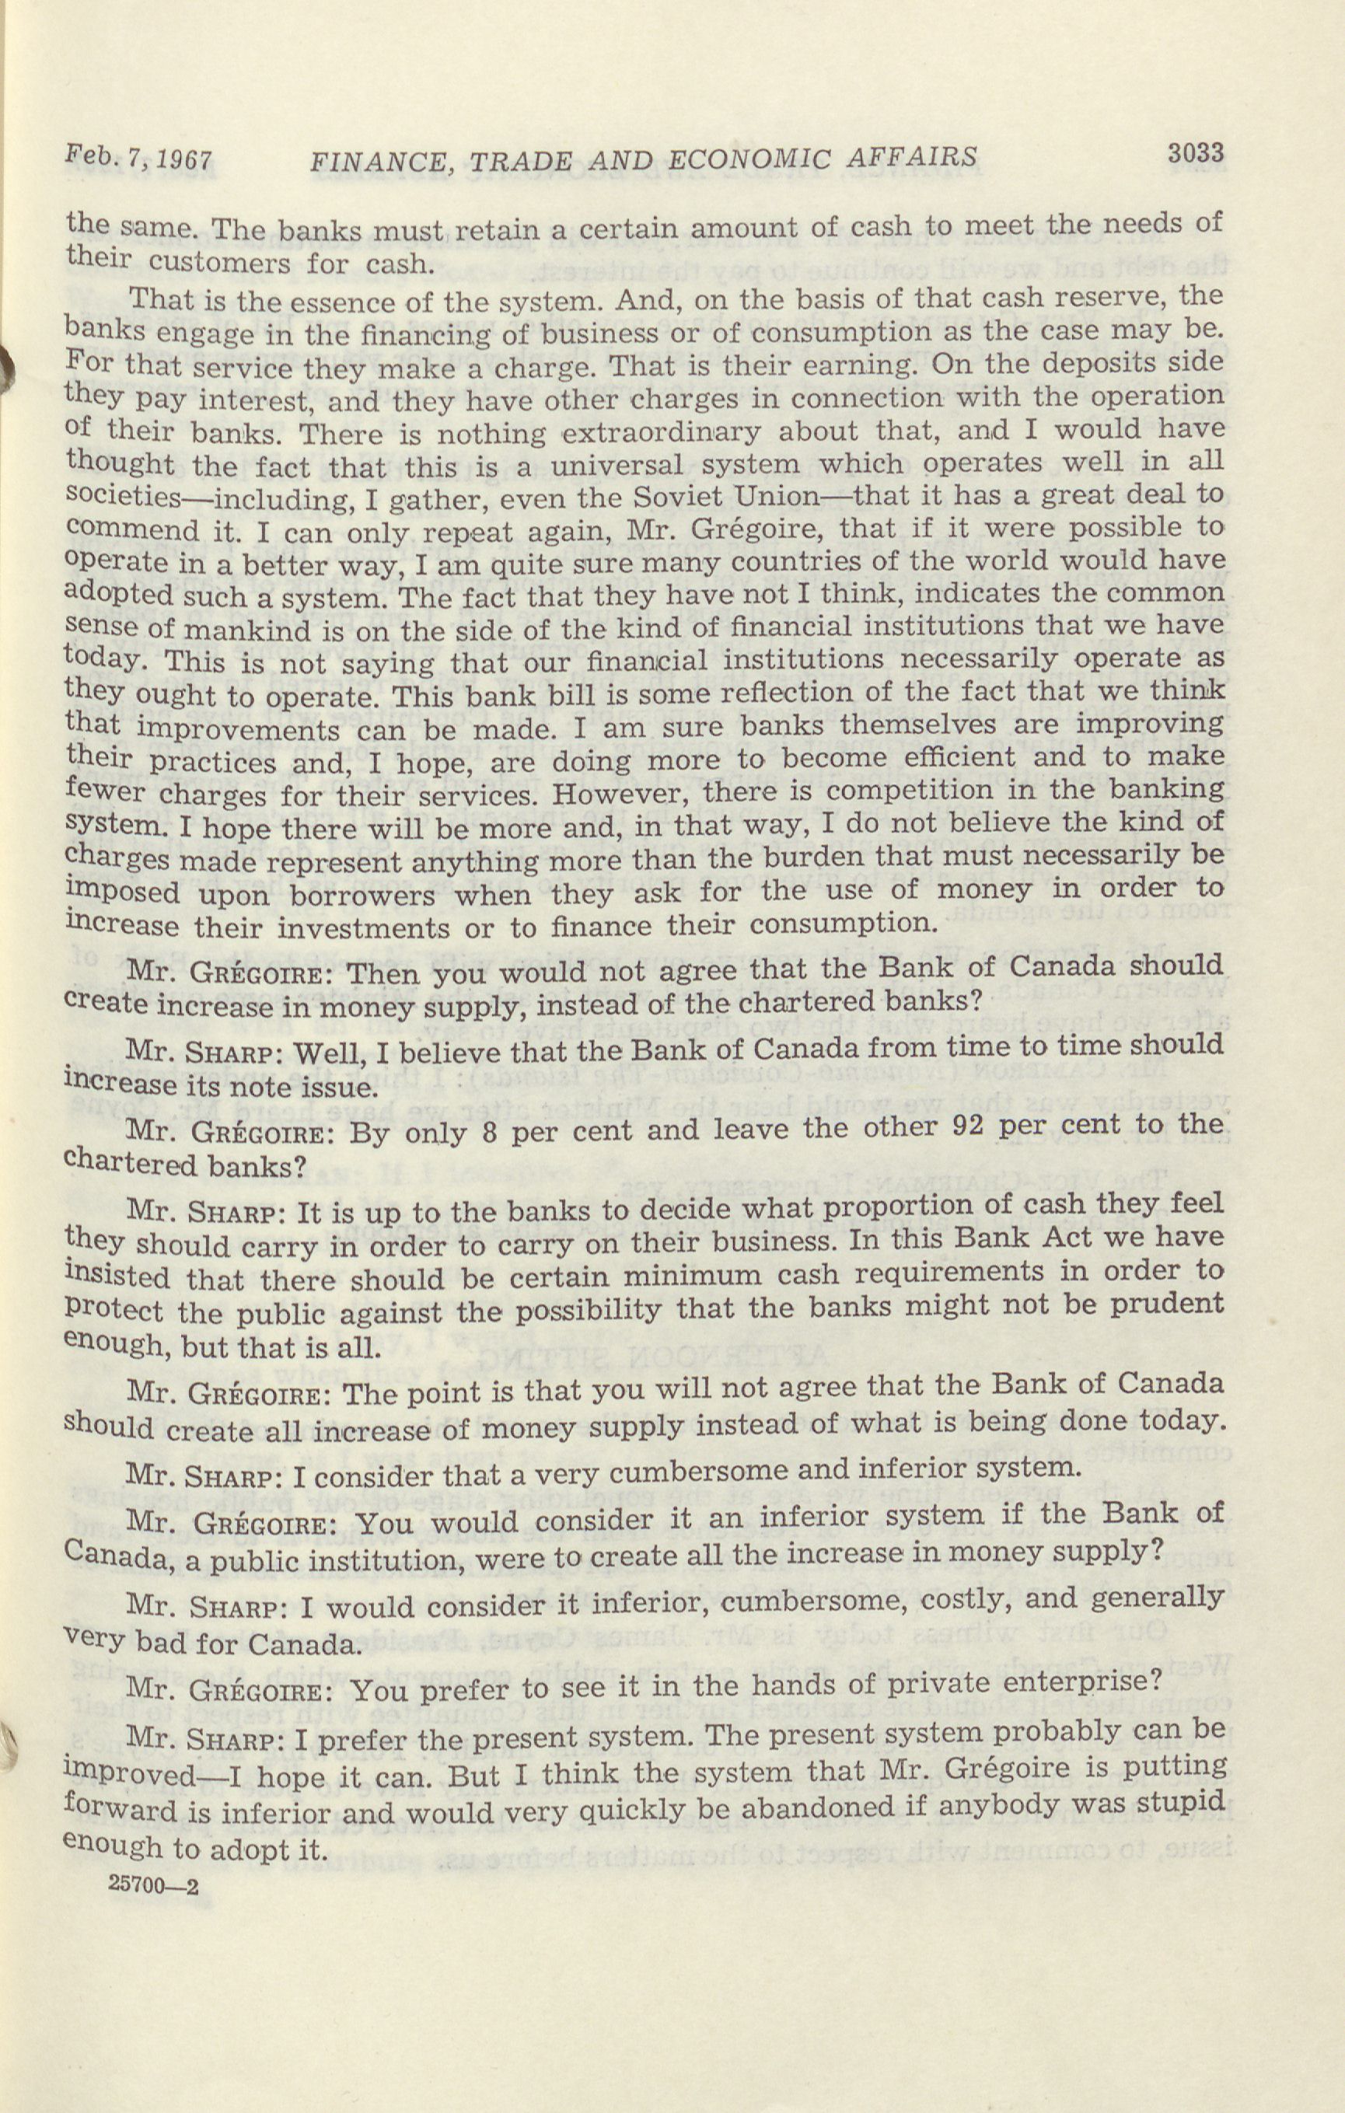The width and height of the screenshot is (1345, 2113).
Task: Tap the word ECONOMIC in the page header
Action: coord(747,158)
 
